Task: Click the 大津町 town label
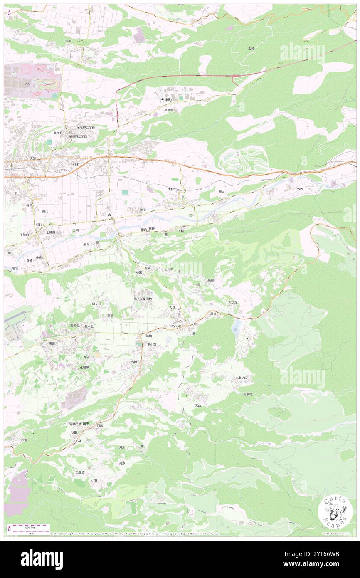click(x=166, y=100)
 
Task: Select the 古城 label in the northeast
click(x=251, y=49)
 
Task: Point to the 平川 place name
click(x=68, y=41)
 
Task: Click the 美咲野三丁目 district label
click(x=86, y=128)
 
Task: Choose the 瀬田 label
click(x=222, y=191)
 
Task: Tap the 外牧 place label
click(x=300, y=188)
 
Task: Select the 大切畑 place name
click(x=233, y=302)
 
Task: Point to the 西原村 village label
click(x=245, y=394)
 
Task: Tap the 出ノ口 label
click(x=243, y=378)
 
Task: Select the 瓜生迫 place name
click(x=80, y=472)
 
